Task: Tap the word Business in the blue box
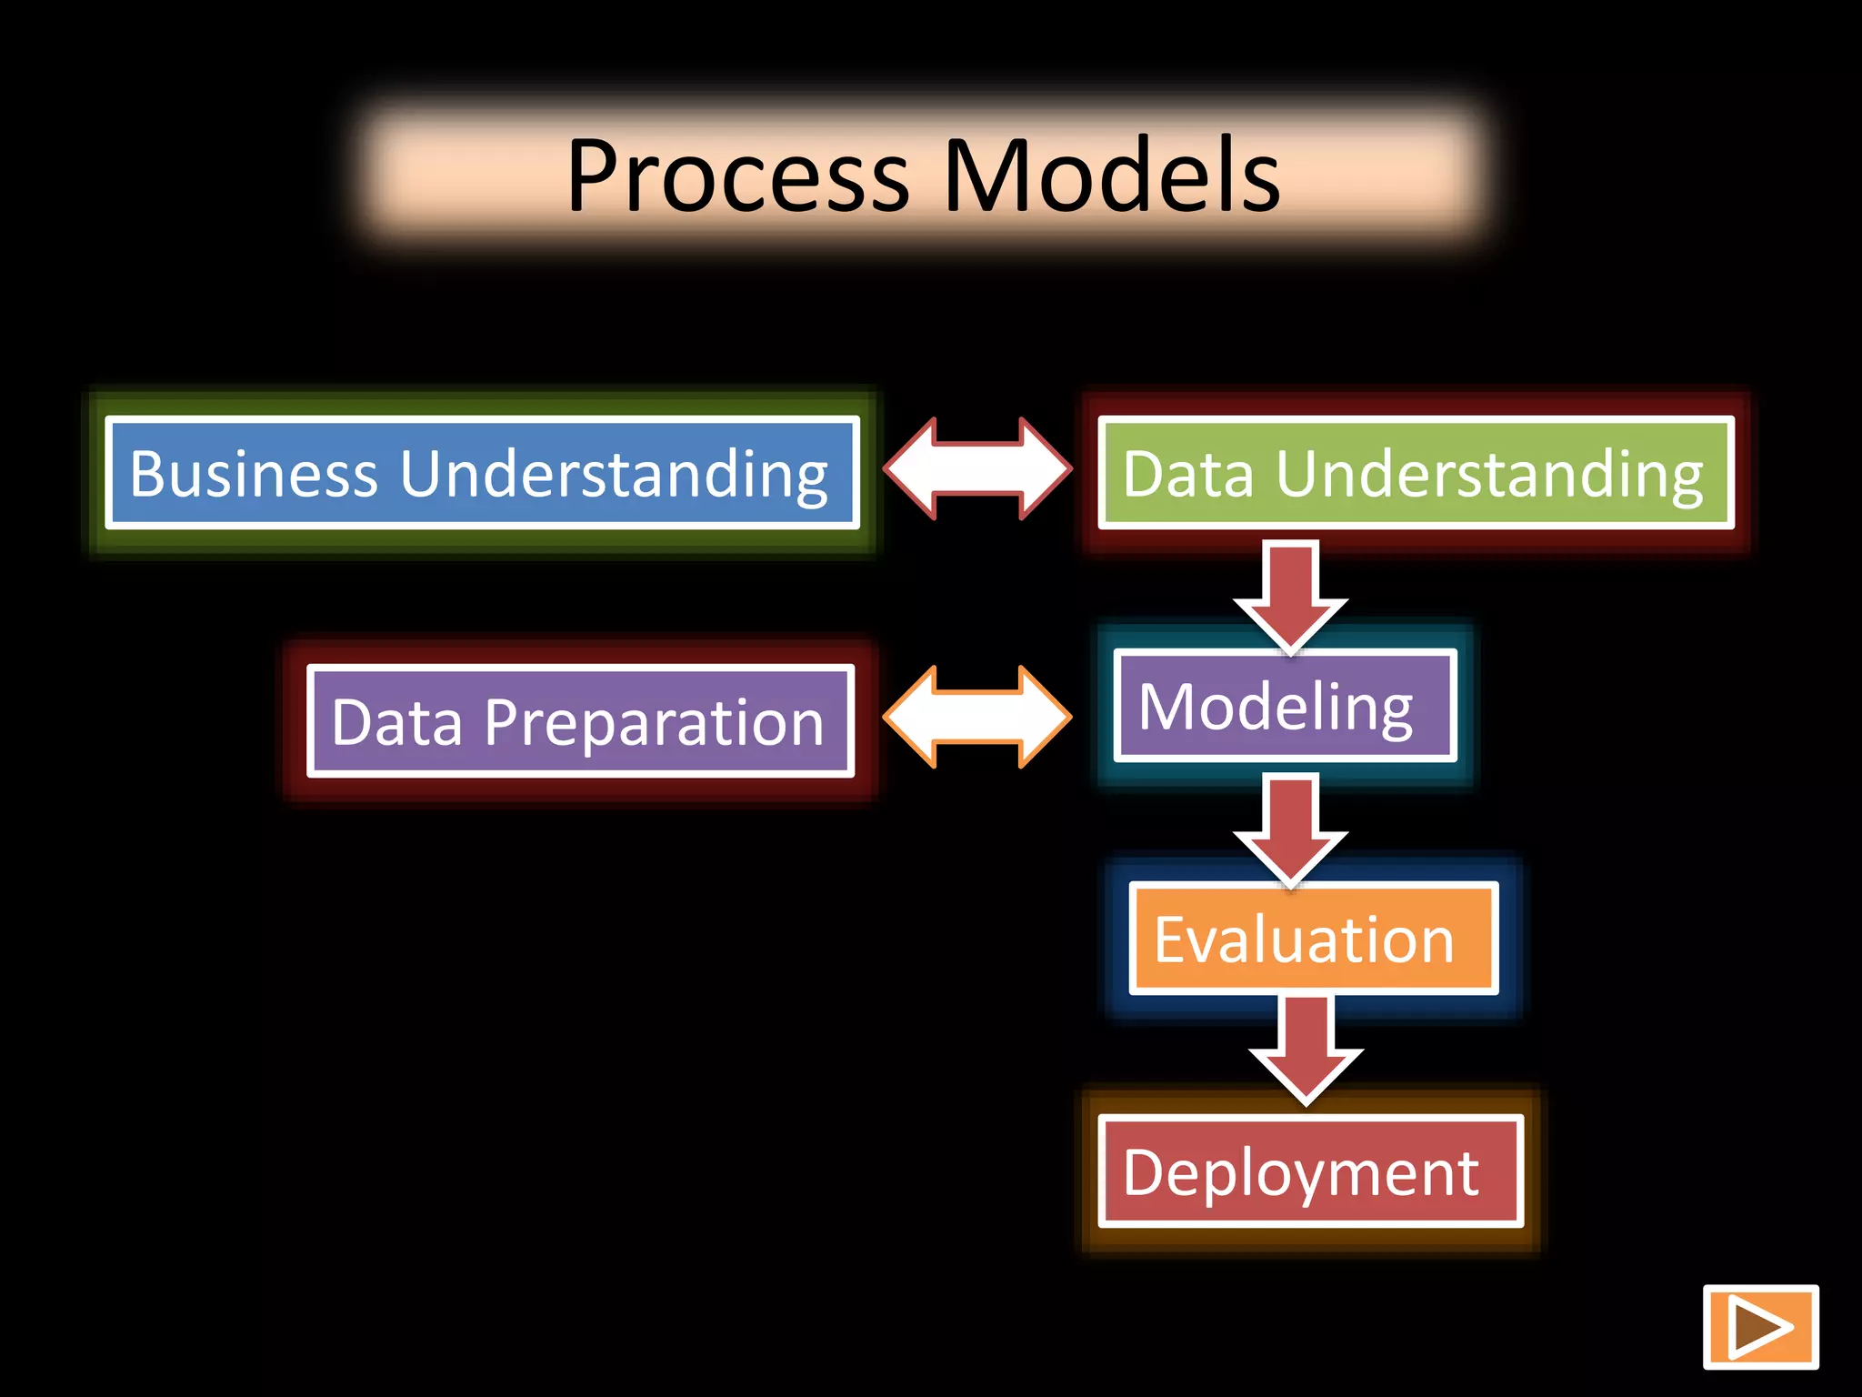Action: (x=254, y=474)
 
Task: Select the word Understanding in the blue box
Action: (x=614, y=474)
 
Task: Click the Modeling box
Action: (x=1284, y=706)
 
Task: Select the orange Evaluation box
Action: (x=1312, y=939)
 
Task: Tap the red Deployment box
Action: (x=1309, y=1171)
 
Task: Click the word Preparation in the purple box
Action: (x=654, y=722)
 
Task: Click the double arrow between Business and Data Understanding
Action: (x=977, y=469)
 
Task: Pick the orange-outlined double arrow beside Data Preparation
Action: (x=977, y=717)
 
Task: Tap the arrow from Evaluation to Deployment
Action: (x=1306, y=1046)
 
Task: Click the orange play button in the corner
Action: (x=1760, y=1327)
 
